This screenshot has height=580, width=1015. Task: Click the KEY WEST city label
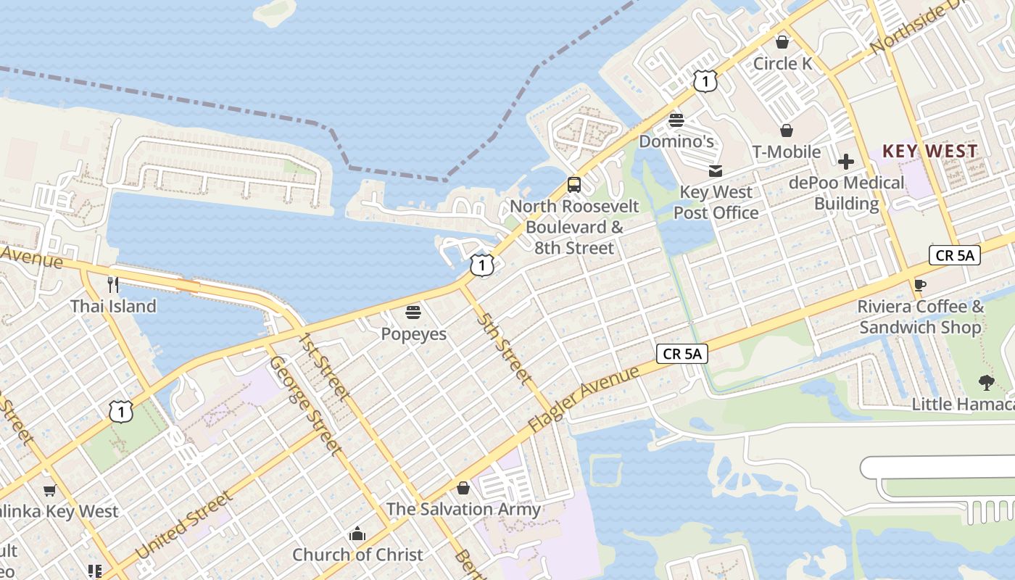[929, 152]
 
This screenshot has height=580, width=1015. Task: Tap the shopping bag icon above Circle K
[782, 42]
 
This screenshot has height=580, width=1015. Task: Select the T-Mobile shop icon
[786, 130]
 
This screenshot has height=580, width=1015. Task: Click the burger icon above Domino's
[676, 120]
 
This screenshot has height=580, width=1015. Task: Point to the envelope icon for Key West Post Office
[716, 171]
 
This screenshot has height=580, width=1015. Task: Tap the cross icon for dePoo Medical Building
[845, 161]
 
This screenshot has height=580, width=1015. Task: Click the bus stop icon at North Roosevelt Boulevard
[574, 185]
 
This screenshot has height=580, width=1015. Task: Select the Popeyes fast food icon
[413, 312]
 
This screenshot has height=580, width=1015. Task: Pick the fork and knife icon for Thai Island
[112, 284]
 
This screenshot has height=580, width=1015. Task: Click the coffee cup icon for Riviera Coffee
[920, 285]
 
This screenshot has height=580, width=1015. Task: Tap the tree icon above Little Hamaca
[985, 382]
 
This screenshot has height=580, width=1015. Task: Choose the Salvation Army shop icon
[463, 488]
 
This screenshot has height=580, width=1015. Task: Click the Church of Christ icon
[357, 534]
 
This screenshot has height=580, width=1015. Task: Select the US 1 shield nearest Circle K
[705, 81]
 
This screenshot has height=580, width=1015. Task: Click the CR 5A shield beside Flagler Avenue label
[682, 354]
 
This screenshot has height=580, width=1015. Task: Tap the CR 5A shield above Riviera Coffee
[954, 255]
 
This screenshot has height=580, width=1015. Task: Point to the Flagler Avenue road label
[584, 399]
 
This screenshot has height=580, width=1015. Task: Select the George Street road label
[305, 405]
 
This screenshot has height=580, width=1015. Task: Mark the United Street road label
[184, 525]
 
